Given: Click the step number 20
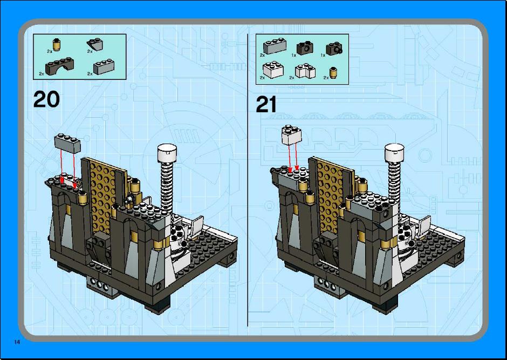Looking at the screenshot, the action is click(x=46, y=99).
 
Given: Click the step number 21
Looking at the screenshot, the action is click(x=266, y=104).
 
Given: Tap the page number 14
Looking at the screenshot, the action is click(x=17, y=342).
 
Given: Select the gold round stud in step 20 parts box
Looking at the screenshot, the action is click(x=57, y=45).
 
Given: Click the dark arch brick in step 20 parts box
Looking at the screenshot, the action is click(x=59, y=66).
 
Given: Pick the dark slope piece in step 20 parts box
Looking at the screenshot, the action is click(x=95, y=44).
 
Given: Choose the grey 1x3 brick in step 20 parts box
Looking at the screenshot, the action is click(x=104, y=66).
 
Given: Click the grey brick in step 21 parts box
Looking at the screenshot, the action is click(x=275, y=45).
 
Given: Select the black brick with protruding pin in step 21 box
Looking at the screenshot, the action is click(x=334, y=48).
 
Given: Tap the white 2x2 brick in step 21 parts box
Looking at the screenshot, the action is click(x=273, y=70).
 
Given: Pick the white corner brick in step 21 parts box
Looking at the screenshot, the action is click(x=305, y=71).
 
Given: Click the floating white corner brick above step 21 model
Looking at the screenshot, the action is click(x=292, y=134).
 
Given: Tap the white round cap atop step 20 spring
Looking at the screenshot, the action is click(x=167, y=153).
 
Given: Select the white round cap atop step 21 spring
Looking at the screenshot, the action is click(x=394, y=153).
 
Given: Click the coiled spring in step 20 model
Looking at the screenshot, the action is click(x=167, y=188).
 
